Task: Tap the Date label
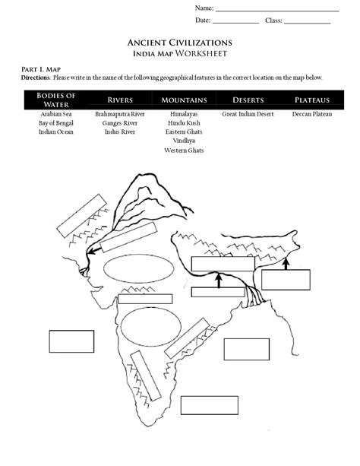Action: click(203, 20)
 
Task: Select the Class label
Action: click(273, 20)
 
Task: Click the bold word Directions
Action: click(36, 78)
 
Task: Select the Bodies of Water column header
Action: click(56, 99)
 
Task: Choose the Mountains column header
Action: click(185, 100)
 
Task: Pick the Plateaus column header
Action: click(312, 100)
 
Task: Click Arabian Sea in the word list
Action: click(56, 113)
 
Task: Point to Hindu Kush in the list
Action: click(185, 122)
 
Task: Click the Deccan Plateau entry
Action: click(312, 113)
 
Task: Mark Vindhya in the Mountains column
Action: click(185, 141)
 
